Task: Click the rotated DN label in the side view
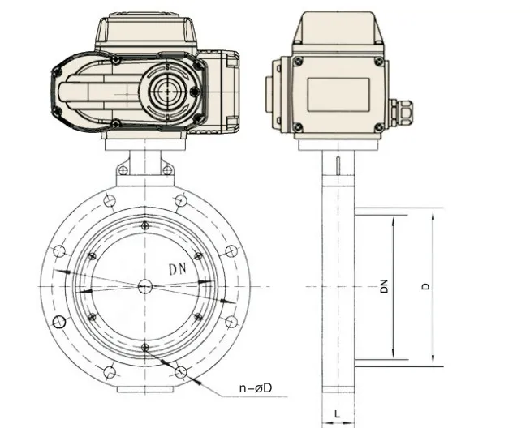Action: click(385, 287)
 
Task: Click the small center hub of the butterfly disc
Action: click(144, 286)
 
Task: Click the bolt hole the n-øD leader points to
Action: click(180, 372)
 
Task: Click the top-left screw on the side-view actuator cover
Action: click(298, 60)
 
